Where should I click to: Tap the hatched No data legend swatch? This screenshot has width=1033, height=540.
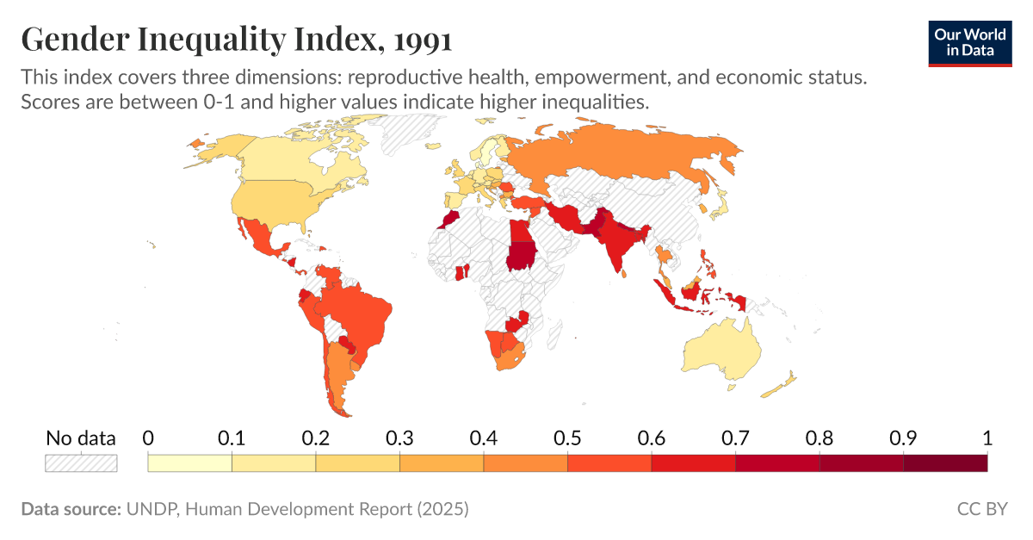tap(81, 463)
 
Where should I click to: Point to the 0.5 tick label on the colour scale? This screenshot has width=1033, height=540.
tap(568, 438)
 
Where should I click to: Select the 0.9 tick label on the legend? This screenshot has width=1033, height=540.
tap(903, 438)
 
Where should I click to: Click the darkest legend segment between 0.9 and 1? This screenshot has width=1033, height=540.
tap(944, 463)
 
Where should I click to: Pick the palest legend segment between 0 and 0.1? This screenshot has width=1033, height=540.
tap(190, 463)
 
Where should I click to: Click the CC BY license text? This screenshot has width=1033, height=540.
tap(981, 509)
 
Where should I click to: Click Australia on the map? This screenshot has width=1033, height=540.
tap(721, 349)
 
